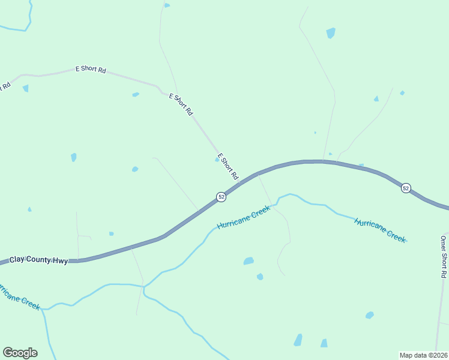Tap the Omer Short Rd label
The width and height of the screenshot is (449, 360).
[443, 256]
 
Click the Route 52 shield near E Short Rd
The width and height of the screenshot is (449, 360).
[221, 197]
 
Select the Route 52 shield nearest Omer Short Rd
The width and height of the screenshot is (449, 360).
[406, 188]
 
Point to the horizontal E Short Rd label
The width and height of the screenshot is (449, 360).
[91, 70]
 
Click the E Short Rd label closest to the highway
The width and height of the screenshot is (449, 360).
[228, 167]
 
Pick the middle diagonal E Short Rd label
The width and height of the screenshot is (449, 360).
[181, 104]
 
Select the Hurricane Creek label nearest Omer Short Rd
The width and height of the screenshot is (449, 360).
[380, 229]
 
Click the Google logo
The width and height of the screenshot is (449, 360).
[20, 353]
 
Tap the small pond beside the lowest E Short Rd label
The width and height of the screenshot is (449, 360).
[217, 160]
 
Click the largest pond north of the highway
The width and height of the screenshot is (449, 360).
[331, 32]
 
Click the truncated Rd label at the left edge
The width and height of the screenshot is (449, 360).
[5, 86]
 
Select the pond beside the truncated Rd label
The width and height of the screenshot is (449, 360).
[26, 88]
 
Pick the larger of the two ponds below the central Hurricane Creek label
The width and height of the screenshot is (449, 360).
[248, 261]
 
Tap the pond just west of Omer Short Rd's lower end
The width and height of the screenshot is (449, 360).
[370, 315]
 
